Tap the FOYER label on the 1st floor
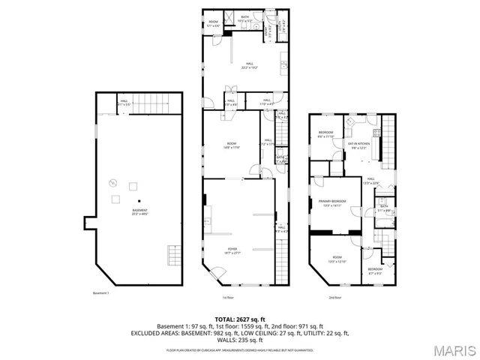coord(232,249)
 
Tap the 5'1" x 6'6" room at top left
coord(213,23)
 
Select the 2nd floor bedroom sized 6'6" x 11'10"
coord(326,135)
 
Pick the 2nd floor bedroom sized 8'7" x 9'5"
coord(375,270)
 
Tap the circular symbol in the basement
coord(113,181)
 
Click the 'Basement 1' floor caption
coord(100,293)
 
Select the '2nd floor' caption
coord(335,298)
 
